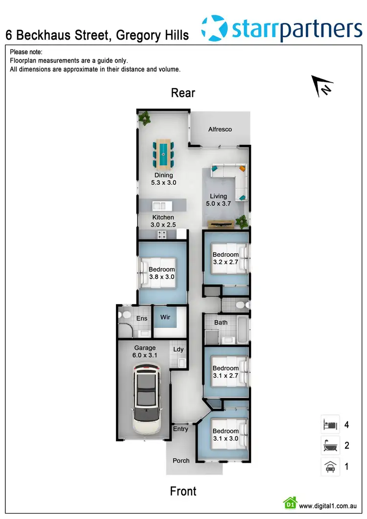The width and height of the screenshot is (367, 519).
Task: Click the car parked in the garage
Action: point(147,398)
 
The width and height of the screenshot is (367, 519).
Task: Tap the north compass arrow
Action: point(323,86)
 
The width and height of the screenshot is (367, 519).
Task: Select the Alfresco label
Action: point(220,129)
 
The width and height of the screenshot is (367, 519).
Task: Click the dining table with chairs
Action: point(163,153)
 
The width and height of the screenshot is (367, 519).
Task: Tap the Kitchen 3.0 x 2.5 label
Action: point(163,221)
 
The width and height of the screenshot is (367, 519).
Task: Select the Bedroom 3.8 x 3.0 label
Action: point(161,273)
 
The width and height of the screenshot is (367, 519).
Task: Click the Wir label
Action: point(165,317)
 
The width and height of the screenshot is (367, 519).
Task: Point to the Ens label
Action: point(141,318)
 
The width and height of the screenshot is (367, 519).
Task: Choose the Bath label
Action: point(221,322)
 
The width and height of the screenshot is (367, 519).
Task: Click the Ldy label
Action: point(179,349)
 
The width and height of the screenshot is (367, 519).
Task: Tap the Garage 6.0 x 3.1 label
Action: point(145,352)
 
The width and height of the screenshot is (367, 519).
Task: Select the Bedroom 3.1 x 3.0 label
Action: point(225,435)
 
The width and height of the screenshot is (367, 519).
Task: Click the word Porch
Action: point(181,461)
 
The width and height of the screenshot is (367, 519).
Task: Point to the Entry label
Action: point(181,429)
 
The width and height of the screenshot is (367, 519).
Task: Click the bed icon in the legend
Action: point(330,424)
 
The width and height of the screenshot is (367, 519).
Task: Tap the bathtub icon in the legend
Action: point(330,445)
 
